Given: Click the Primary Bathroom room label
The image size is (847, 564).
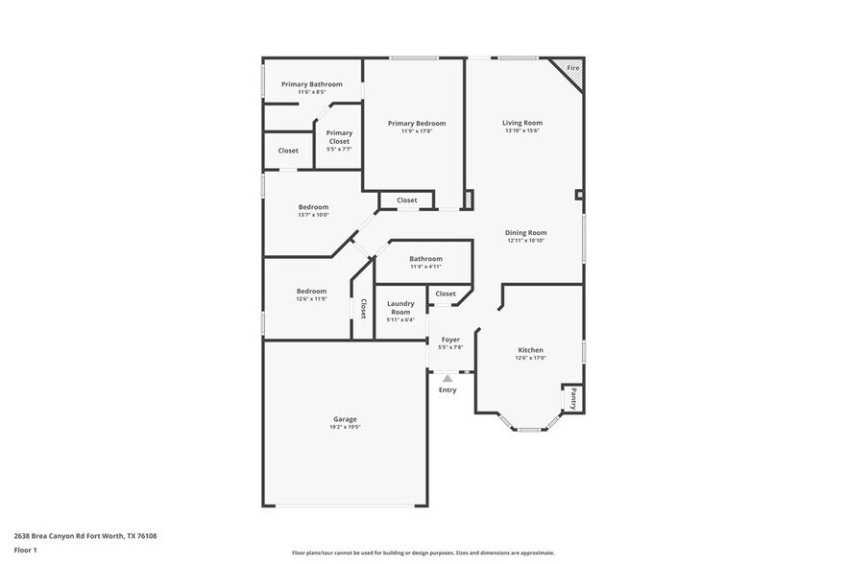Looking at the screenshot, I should pyautogui.click(x=311, y=84).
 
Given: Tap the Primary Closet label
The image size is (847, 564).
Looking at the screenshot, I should pyautogui.click(x=339, y=137).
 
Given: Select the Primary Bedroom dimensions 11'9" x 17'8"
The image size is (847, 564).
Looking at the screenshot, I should pyautogui.click(x=417, y=131).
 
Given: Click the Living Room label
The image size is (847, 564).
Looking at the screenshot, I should pyautogui.click(x=522, y=123).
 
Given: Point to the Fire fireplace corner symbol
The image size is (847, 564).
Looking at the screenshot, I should pyautogui.click(x=571, y=69).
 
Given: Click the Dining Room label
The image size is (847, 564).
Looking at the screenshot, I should pyautogui.click(x=526, y=232).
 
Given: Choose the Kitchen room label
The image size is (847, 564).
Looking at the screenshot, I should pyautogui.click(x=530, y=350).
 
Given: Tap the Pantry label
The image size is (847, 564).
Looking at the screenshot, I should pyautogui.click(x=573, y=396).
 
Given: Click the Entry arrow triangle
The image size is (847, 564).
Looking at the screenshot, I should pyautogui.click(x=448, y=379).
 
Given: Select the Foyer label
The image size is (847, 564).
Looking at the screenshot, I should pyautogui.click(x=450, y=340).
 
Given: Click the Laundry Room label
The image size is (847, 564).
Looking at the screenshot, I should pyautogui.click(x=400, y=307).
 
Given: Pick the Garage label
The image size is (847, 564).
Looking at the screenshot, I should pyautogui.click(x=345, y=419).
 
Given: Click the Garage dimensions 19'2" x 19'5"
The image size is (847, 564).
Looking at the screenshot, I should pyautogui.click(x=345, y=428).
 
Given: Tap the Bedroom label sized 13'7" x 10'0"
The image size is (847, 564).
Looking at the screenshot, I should pyautogui.click(x=313, y=207).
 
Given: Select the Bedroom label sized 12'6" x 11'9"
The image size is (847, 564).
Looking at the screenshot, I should pyautogui.click(x=311, y=291).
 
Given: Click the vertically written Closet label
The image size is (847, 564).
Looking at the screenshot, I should pyautogui.click(x=363, y=309).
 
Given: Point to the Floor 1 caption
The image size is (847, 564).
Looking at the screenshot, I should pyautogui.click(x=25, y=550).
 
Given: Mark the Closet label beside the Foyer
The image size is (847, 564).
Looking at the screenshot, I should pyautogui.click(x=446, y=294).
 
